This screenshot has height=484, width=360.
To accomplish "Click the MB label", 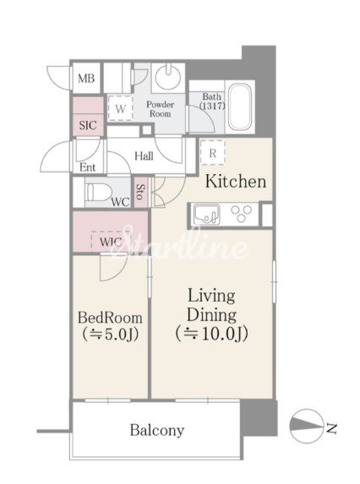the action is pos(86,79).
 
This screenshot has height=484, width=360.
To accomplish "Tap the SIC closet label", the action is pos(88,125).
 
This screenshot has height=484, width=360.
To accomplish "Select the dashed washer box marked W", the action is pos(120,108).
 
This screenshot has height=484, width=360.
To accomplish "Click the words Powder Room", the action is pos(161,109).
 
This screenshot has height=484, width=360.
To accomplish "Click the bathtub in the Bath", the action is pos(240,107).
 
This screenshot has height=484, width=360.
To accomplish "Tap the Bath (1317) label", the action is pos(212,101).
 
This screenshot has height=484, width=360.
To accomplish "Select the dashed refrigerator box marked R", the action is pos(212,153).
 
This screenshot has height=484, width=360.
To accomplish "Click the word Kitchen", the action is pos(236,181).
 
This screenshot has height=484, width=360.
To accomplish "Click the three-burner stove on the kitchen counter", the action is pos(242,214).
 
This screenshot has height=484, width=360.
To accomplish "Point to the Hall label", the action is pos(144,156).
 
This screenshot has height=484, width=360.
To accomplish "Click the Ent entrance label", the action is pos(88,167).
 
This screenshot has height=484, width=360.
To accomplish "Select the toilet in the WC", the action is pos(98,193).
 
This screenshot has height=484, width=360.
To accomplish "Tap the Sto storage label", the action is pos(140,192).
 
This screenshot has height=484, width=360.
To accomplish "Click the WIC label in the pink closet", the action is pos(111,242).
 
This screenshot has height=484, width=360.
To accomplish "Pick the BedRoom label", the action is pos(110,318).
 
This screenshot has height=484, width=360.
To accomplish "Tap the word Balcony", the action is pos(157,430).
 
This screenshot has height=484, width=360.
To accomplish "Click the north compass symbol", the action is pos(307,427).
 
